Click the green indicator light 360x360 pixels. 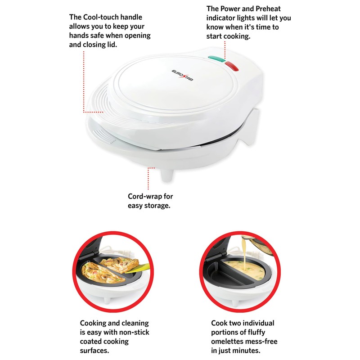click(217, 59)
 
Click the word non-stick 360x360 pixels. click(133, 332)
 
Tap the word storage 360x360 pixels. click(159, 206)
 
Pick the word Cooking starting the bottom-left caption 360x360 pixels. click(95, 323)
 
